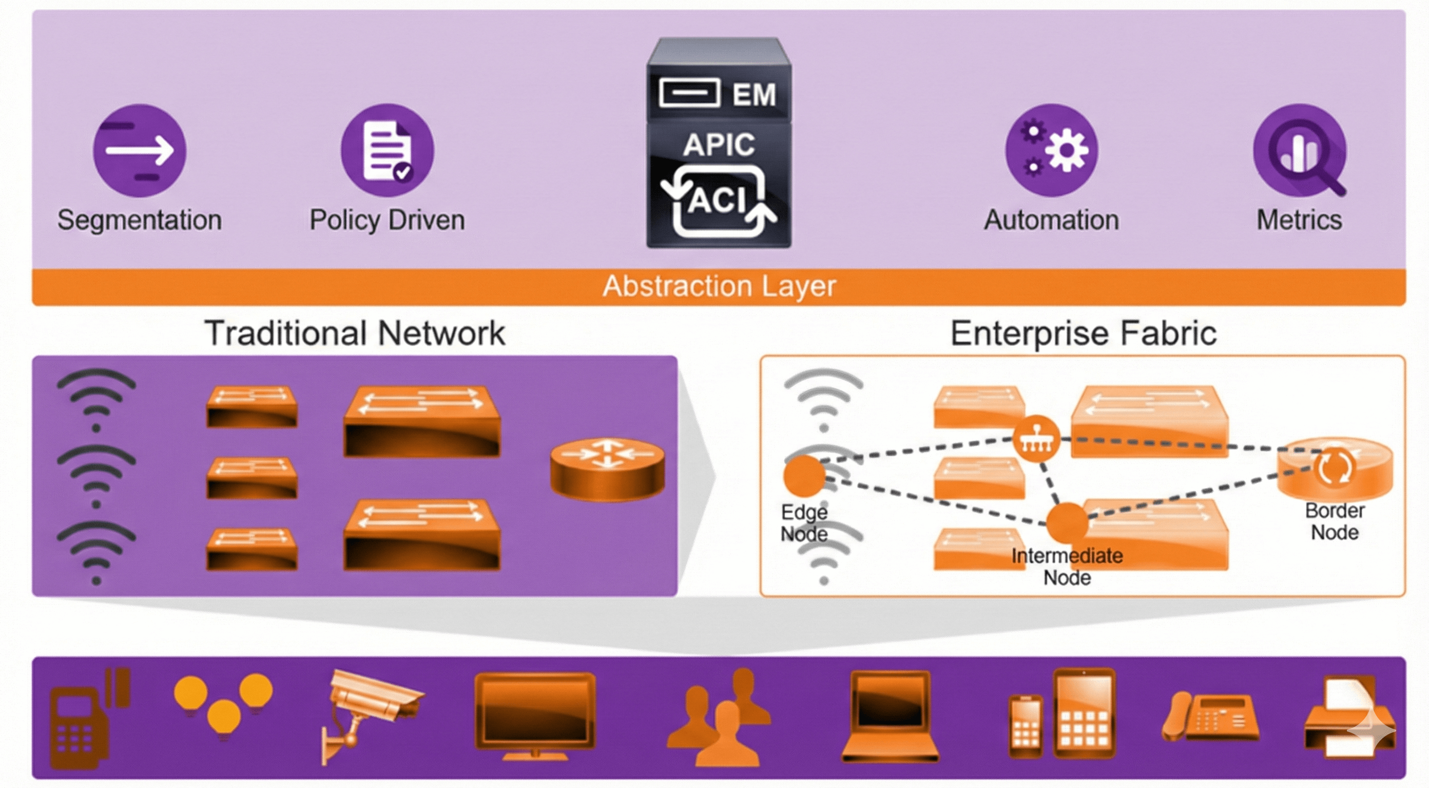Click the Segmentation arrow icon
139,150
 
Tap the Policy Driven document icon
387,150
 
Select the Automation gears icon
1051,150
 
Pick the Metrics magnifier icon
1300,150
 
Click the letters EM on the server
754,94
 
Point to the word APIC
719,145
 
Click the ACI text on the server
719,200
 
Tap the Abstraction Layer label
719,287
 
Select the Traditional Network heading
355,333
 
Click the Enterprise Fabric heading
1084,333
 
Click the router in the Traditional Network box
607,469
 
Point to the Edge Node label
804,523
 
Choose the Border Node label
1335,521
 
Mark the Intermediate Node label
1067,567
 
